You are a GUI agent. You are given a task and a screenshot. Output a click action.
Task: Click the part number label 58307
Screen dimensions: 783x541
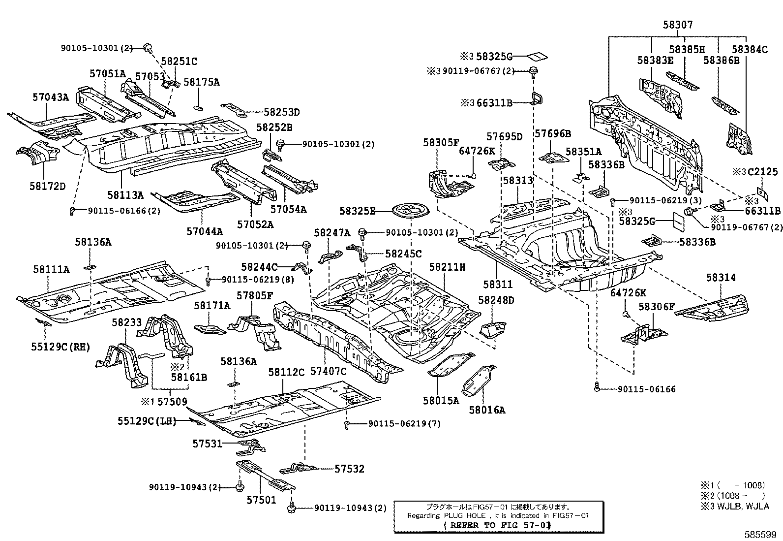[x=678, y=25]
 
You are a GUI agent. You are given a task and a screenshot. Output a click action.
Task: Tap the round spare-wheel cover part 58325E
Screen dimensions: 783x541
[x=410, y=211]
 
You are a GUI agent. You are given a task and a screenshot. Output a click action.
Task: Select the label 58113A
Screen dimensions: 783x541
[x=125, y=195]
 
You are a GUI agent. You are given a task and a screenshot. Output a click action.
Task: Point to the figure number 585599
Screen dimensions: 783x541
[x=760, y=534]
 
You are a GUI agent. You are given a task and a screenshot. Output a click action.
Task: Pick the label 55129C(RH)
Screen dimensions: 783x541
[x=60, y=347]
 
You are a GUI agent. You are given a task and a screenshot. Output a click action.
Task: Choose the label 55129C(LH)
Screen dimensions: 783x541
[x=147, y=420]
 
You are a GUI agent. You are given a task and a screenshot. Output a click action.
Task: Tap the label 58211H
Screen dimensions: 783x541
[x=447, y=267]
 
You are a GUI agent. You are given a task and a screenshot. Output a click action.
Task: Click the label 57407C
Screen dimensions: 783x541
[x=329, y=371]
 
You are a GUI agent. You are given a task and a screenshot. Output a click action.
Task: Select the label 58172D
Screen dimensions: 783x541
[x=48, y=186]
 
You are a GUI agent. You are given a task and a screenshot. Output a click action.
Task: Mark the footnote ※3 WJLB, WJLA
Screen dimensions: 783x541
[x=735, y=506]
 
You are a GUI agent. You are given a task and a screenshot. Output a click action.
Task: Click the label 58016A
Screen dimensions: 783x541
[x=487, y=410]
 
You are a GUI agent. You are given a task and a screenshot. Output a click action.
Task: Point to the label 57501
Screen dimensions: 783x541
[x=262, y=500]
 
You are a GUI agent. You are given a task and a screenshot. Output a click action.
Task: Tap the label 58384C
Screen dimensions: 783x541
[x=750, y=50]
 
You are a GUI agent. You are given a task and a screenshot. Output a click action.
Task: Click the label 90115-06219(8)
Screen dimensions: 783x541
[x=258, y=280]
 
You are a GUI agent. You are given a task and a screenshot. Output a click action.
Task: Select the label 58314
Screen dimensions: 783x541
[x=721, y=278]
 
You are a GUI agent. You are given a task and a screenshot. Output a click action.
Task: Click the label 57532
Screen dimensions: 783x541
[x=349, y=469]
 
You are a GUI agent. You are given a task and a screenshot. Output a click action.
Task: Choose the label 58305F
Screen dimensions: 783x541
[x=441, y=142]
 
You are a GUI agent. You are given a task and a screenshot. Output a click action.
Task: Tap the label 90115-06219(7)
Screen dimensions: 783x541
[x=404, y=424]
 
